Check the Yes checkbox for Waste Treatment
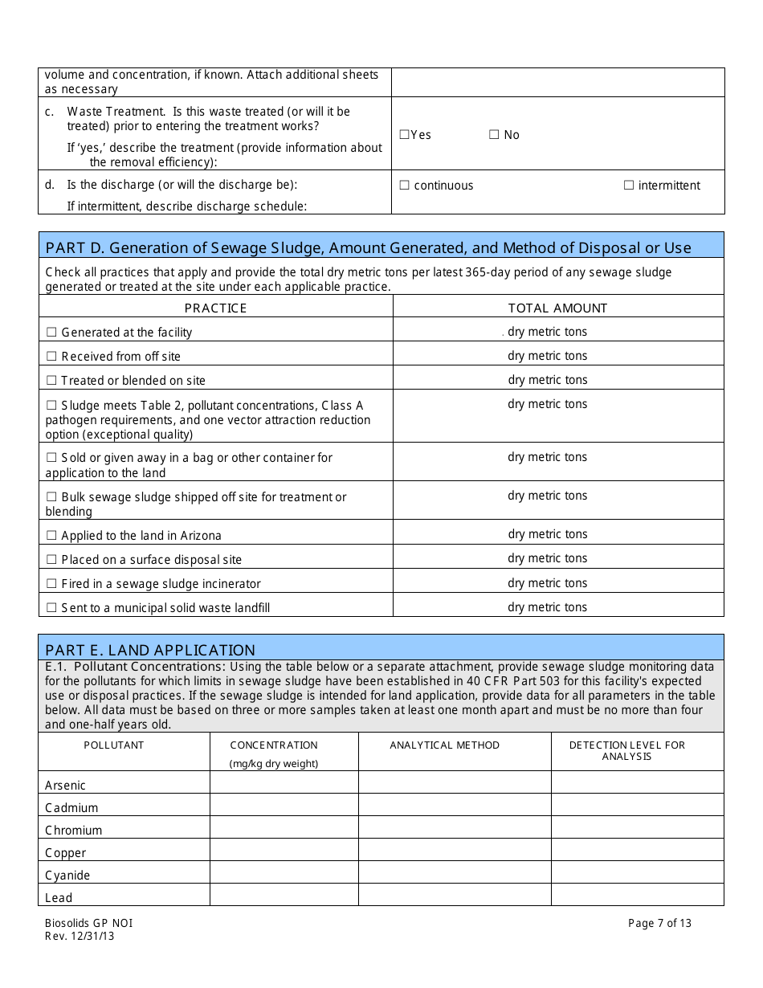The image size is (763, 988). (404, 135)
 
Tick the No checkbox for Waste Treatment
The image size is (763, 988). (494, 135)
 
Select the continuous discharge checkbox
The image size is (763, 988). (405, 186)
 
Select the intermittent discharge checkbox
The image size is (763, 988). (629, 186)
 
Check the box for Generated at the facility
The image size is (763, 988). (51, 333)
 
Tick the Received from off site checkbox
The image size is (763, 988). (51, 357)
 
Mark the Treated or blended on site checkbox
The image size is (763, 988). (51, 381)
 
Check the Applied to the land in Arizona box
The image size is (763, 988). (51, 536)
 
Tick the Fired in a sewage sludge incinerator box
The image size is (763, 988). (51, 584)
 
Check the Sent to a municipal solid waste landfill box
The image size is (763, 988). (51, 608)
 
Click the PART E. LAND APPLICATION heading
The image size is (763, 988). (150, 650)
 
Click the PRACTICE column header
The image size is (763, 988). (215, 308)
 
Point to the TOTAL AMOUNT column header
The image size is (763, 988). (557, 308)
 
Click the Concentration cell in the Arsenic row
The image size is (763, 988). (284, 782)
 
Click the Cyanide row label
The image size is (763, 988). (67, 876)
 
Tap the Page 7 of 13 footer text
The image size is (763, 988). (659, 923)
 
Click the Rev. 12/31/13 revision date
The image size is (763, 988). (80, 936)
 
